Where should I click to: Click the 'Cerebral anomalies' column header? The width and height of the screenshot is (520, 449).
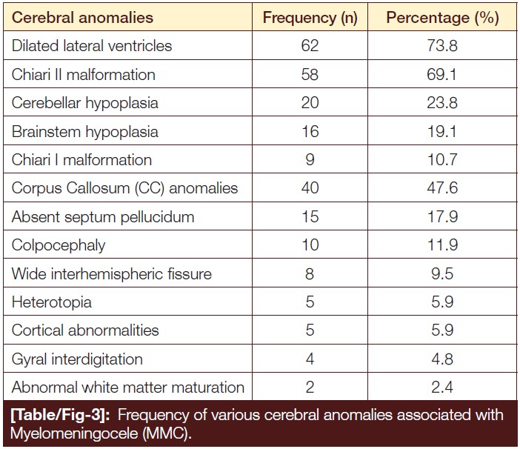pyautogui.click(x=82, y=18)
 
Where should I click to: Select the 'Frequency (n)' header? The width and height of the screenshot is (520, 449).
pyautogui.click(x=310, y=19)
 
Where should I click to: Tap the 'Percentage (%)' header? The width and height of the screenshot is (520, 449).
pyautogui.click(x=442, y=19)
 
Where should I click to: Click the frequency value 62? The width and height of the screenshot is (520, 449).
pyautogui.click(x=310, y=45)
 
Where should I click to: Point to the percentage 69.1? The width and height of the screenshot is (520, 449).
pyautogui.click(x=441, y=74)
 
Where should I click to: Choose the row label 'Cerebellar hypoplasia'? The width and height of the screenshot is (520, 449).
pyautogui.click(x=85, y=103)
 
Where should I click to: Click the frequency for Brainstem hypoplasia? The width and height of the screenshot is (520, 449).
pyautogui.click(x=310, y=131)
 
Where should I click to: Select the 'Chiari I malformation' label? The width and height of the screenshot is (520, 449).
pyautogui.click(x=81, y=160)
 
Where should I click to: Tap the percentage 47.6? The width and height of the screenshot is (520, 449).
pyautogui.click(x=442, y=188)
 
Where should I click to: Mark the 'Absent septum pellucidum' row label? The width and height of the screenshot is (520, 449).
pyautogui.click(x=103, y=217)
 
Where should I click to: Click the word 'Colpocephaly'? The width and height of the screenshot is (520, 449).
pyautogui.click(x=59, y=246)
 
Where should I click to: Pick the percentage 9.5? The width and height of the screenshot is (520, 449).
pyautogui.click(x=442, y=274)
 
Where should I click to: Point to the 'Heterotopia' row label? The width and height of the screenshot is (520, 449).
pyautogui.click(x=51, y=302)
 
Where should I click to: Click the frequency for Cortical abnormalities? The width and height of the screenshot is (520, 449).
pyautogui.click(x=310, y=330)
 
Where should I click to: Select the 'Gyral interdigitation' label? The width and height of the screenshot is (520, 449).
pyautogui.click(x=77, y=359)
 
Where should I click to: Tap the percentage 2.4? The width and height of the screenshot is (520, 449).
pyautogui.click(x=442, y=387)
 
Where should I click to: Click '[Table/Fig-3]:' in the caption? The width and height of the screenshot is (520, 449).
pyautogui.click(x=60, y=415)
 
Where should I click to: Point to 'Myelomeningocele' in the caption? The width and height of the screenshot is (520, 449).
pyautogui.click(x=74, y=433)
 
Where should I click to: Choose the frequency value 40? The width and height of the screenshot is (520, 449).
pyautogui.click(x=310, y=188)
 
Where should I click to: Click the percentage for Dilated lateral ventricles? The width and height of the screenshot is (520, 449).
pyautogui.click(x=442, y=45)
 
